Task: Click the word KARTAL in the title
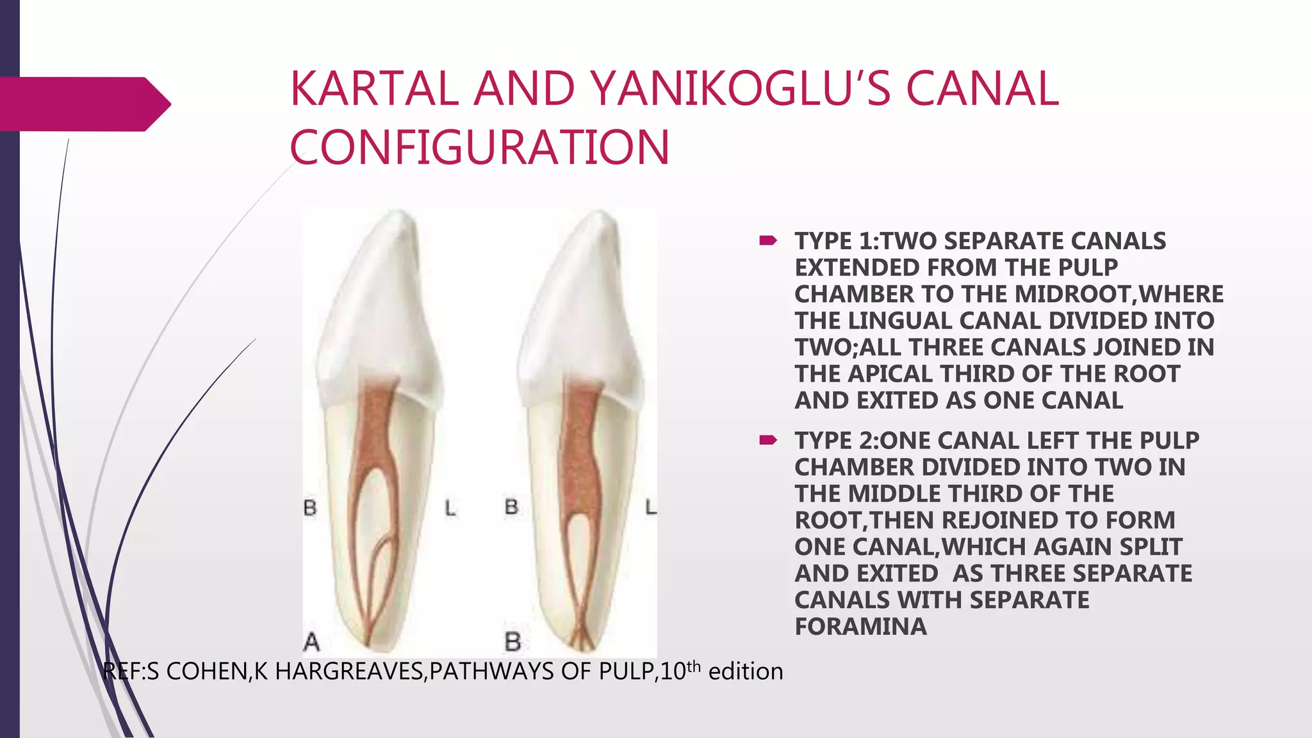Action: pos(374,89)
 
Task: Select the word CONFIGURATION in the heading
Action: pos(480,147)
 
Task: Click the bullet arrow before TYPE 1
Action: pos(767,241)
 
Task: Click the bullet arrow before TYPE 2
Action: pos(767,440)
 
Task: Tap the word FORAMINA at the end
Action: pos(860,627)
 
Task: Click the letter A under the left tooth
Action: pos(311,641)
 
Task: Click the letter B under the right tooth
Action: pos(512,641)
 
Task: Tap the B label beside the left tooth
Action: pos(310,508)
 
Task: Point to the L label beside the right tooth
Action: pos(650,508)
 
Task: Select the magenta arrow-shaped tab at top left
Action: pos(83,104)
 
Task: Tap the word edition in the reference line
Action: pos(746,671)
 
